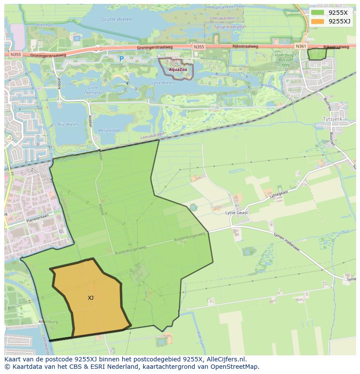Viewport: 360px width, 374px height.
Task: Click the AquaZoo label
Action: tap(178, 70)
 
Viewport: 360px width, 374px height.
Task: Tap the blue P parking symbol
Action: tap(121, 59)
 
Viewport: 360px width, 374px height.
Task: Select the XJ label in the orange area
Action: tap(90, 298)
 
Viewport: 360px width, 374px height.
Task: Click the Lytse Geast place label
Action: tap(237, 212)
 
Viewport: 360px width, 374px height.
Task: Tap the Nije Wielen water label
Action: tap(68, 125)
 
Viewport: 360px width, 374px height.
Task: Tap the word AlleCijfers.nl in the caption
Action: tap(226, 359)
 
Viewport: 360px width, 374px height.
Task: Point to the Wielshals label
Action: tap(32, 26)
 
